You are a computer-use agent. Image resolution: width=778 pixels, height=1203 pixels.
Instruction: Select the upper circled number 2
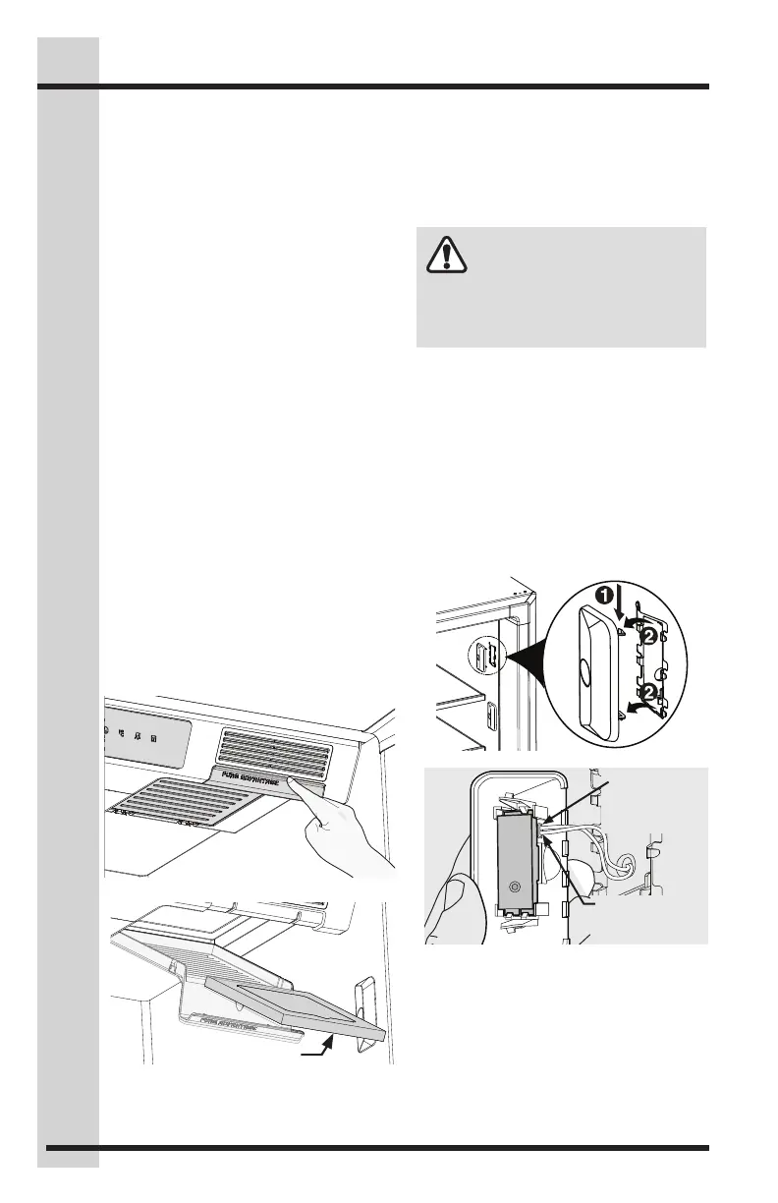pos(650,638)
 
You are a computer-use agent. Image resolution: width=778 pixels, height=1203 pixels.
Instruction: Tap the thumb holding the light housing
pos(454,894)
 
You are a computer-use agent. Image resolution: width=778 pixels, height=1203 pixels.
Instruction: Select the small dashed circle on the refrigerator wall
pos(480,654)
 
